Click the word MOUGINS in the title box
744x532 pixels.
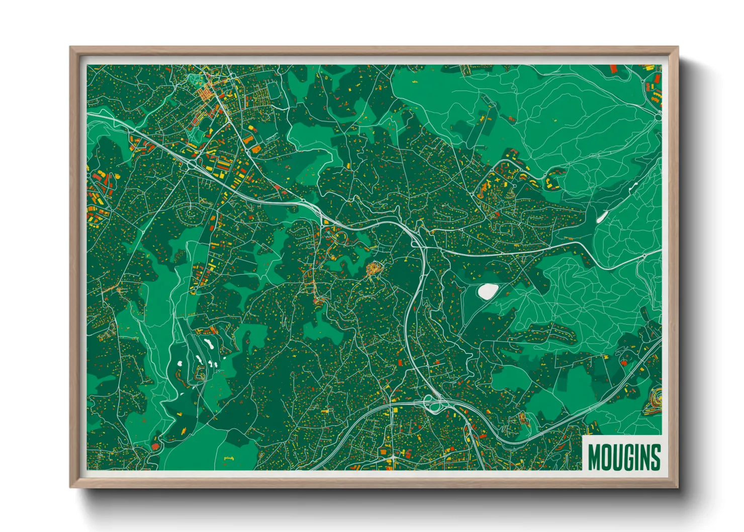pos(624,457)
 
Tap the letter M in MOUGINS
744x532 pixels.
pos(594,457)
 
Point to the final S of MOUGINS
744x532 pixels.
pos(655,457)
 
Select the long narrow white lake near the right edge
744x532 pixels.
pos(601,217)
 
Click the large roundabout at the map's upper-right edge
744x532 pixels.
pos(658,117)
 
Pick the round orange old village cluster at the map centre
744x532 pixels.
pos(374,270)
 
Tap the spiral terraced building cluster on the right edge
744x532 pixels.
pos(655,400)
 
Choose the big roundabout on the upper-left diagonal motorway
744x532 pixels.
pos(192,164)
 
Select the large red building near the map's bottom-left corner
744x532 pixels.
pos(155,446)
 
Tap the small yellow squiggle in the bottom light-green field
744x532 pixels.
pos(229,458)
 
